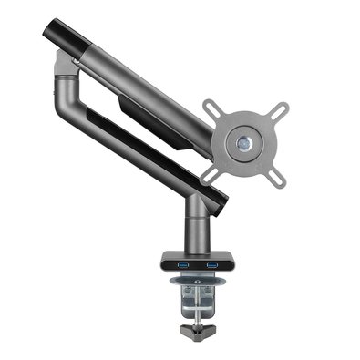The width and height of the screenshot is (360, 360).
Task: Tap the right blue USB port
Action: click(211, 264)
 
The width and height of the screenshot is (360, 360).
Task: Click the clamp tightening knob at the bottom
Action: click(198, 326)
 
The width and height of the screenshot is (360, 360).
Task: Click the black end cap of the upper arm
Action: click(55, 37)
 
